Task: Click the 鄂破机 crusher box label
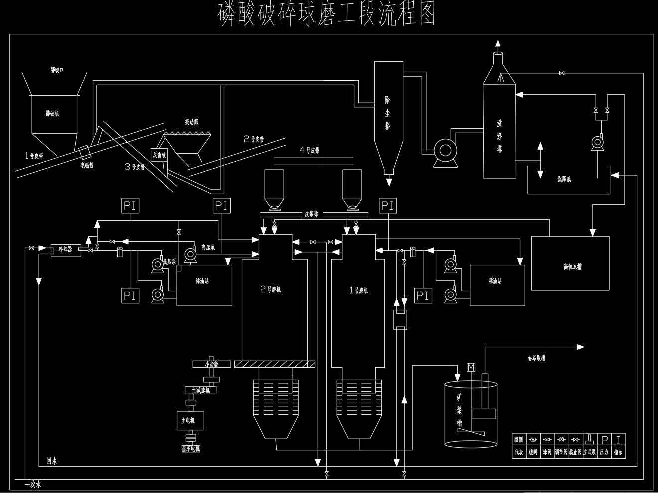(x=52, y=114)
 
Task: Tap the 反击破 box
(x=159, y=155)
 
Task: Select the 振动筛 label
(x=191, y=122)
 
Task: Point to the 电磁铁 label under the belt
(x=87, y=165)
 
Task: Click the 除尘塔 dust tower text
(x=388, y=113)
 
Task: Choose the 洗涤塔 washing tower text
(x=499, y=136)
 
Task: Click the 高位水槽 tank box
(x=570, y=263)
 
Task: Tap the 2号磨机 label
(x=271, y=289)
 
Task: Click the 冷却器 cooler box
(x=66, y=249)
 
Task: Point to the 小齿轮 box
(x=212, y=364)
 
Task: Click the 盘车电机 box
(x=191, y=449)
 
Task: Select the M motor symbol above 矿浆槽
(x=471, y=368)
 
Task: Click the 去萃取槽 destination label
(x=536, y=358)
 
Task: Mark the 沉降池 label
(x=564, y=179)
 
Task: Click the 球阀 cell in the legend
(x=547, y=452)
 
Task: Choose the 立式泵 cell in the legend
(x=590, y=452)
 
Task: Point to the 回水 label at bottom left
(x=52, y=461)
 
